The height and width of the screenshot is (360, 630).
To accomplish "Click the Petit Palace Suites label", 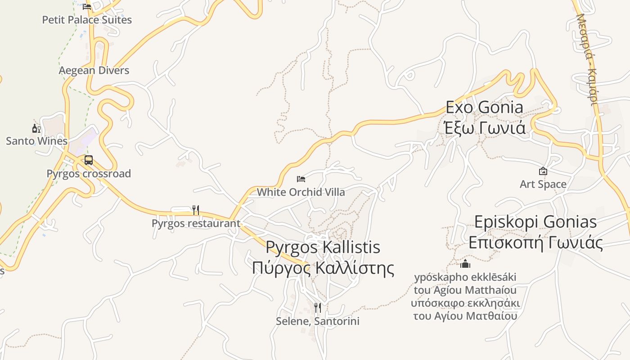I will (87, 20).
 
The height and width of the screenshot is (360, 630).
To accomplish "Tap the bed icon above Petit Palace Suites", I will (87, 6).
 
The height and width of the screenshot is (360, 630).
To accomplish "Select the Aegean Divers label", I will (94, 70).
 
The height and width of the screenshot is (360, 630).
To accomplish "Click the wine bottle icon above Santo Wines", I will (36, 129).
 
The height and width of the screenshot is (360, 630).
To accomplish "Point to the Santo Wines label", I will (36, 141).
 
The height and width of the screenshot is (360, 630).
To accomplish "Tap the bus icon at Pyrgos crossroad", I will (89, 160).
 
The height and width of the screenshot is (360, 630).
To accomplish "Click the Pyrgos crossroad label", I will (89, 174).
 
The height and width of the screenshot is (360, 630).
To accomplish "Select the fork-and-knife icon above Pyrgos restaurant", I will (195, 210).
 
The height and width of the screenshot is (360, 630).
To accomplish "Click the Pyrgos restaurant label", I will (196, 223).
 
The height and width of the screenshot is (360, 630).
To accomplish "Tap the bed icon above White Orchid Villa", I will (301, 179).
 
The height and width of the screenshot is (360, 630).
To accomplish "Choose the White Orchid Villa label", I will (301, 192).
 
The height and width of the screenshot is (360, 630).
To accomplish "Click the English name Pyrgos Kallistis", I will (323, 247).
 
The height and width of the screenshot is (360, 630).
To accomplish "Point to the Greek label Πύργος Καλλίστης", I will (323, 268).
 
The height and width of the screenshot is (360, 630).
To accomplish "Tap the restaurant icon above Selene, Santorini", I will (318, 308).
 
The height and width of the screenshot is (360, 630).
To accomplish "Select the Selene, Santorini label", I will (318, 321).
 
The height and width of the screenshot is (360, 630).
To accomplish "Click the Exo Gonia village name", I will (485, 108).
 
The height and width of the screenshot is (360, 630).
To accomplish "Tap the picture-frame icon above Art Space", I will (543, 171).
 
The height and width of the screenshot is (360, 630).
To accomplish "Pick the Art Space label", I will (543, 184).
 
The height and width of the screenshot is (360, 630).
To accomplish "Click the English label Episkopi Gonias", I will (535, 222).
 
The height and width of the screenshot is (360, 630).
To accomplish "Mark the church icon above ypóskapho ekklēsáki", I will (465, 263).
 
